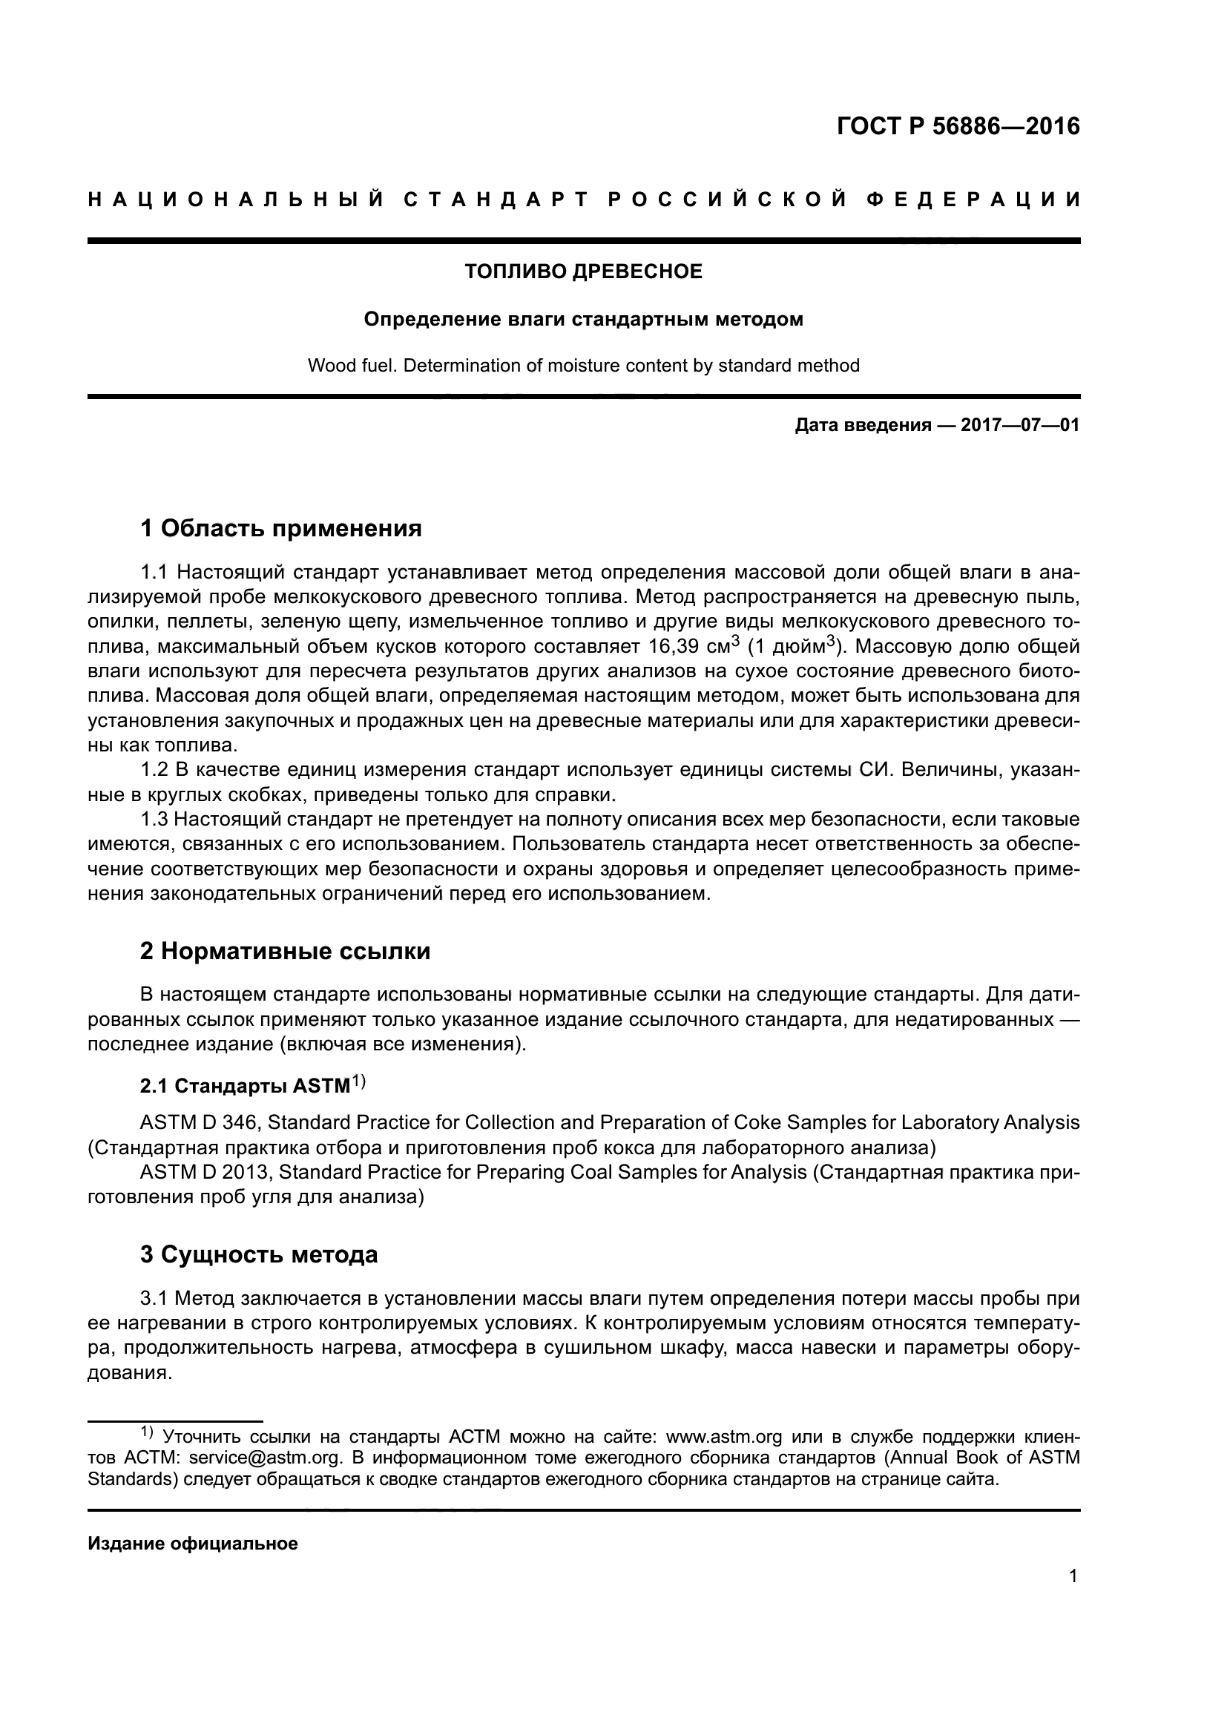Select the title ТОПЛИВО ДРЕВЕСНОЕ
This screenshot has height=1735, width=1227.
click(583, 271)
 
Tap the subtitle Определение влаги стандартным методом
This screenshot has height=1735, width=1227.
click(583, 320)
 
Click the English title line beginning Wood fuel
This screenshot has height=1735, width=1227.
click(583, 366)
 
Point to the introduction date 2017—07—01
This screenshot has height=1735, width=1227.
click(1020, 426)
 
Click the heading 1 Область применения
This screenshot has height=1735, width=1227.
click(281, 528)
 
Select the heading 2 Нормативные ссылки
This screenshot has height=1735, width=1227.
click(285, 951)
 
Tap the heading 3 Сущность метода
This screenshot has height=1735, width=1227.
click(258, 1254)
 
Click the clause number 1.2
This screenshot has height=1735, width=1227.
click(154, 770)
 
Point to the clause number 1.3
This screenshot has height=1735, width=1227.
click(154, 820)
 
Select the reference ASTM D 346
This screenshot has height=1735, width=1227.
click(199, 1123)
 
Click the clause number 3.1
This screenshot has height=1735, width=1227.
click(154, 1299)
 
